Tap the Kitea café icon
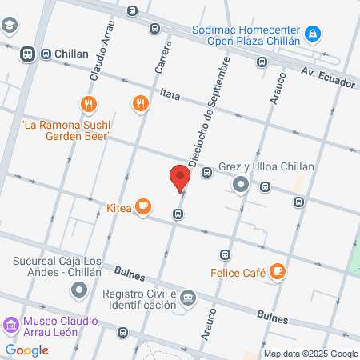click(x=143, y=206)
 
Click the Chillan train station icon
click(x=26, y=54)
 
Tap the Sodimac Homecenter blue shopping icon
click(x=314, y=34)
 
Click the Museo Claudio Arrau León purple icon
click(x=10, y=326)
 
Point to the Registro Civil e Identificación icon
click(x=186, y=298)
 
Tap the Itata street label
click(x=170, y=94)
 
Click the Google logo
click(x=26, y=350)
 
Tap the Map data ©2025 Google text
click(x=311, y=354)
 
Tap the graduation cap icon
click(x=8, y=26)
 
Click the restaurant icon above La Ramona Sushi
click(x=88, y=103)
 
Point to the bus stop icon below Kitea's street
click(x=178, y=214)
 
